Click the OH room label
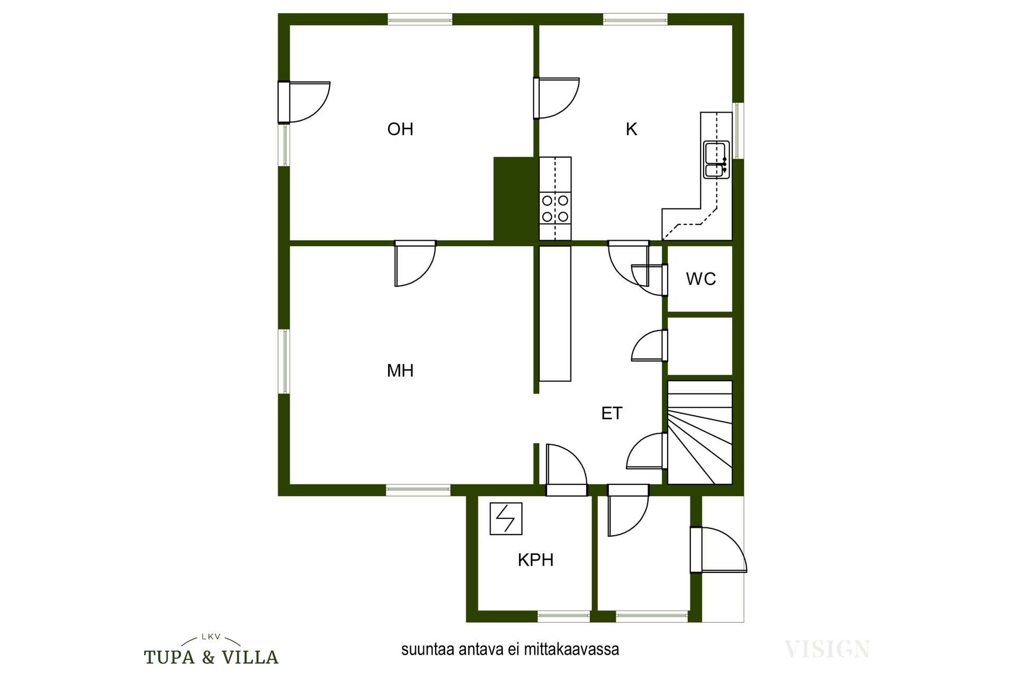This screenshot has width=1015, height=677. tap(400, 129)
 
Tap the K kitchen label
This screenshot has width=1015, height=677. tap(631, 129)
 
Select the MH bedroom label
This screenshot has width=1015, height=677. tap(400, 370)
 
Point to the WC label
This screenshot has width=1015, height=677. tap(701, 279)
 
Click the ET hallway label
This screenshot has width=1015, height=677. tap(612, 413)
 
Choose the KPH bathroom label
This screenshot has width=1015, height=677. tap(536, 560)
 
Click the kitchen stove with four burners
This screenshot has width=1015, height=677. tap(555, 208)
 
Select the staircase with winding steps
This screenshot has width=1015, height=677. tap(700, 432)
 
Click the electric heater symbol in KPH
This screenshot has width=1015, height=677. tap(506, 518)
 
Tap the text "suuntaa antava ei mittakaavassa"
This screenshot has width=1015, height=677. tap(510, 649)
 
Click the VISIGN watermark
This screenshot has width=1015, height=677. tap(827, 649)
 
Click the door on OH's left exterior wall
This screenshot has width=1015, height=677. tap(304, 102)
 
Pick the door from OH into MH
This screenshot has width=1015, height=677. tap(416, 263)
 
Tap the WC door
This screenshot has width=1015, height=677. tap(648, 280)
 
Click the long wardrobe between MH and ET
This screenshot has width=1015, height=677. tap(555, 314)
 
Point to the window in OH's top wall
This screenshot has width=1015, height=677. tap(420, 19)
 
